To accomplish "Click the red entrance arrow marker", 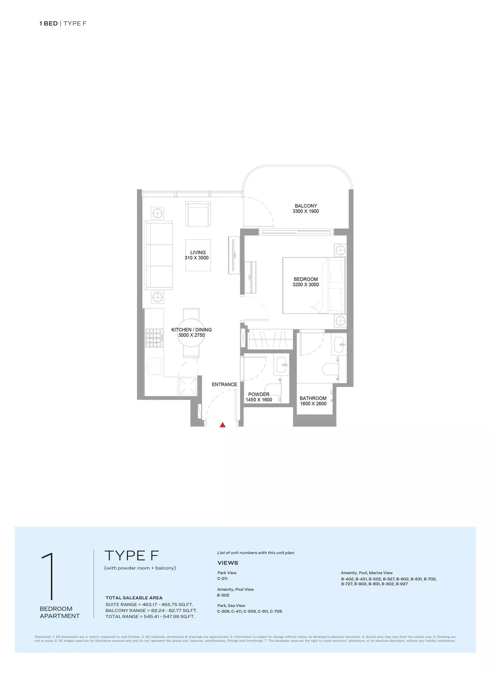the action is [x=223, y=425].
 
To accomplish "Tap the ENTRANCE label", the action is [x=224, y=385].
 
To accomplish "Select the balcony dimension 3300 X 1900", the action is [x=306, y=211].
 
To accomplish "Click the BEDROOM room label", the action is [x=306, y=279].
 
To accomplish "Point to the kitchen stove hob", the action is [x=154, y=338].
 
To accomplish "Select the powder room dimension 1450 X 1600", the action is [x=259, y=400].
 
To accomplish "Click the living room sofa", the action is [x=158, y=255].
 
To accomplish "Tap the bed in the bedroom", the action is [x=314, y=285].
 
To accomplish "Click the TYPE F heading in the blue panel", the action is [x=132, y=556].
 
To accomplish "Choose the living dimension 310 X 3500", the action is [x=196, y=258].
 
